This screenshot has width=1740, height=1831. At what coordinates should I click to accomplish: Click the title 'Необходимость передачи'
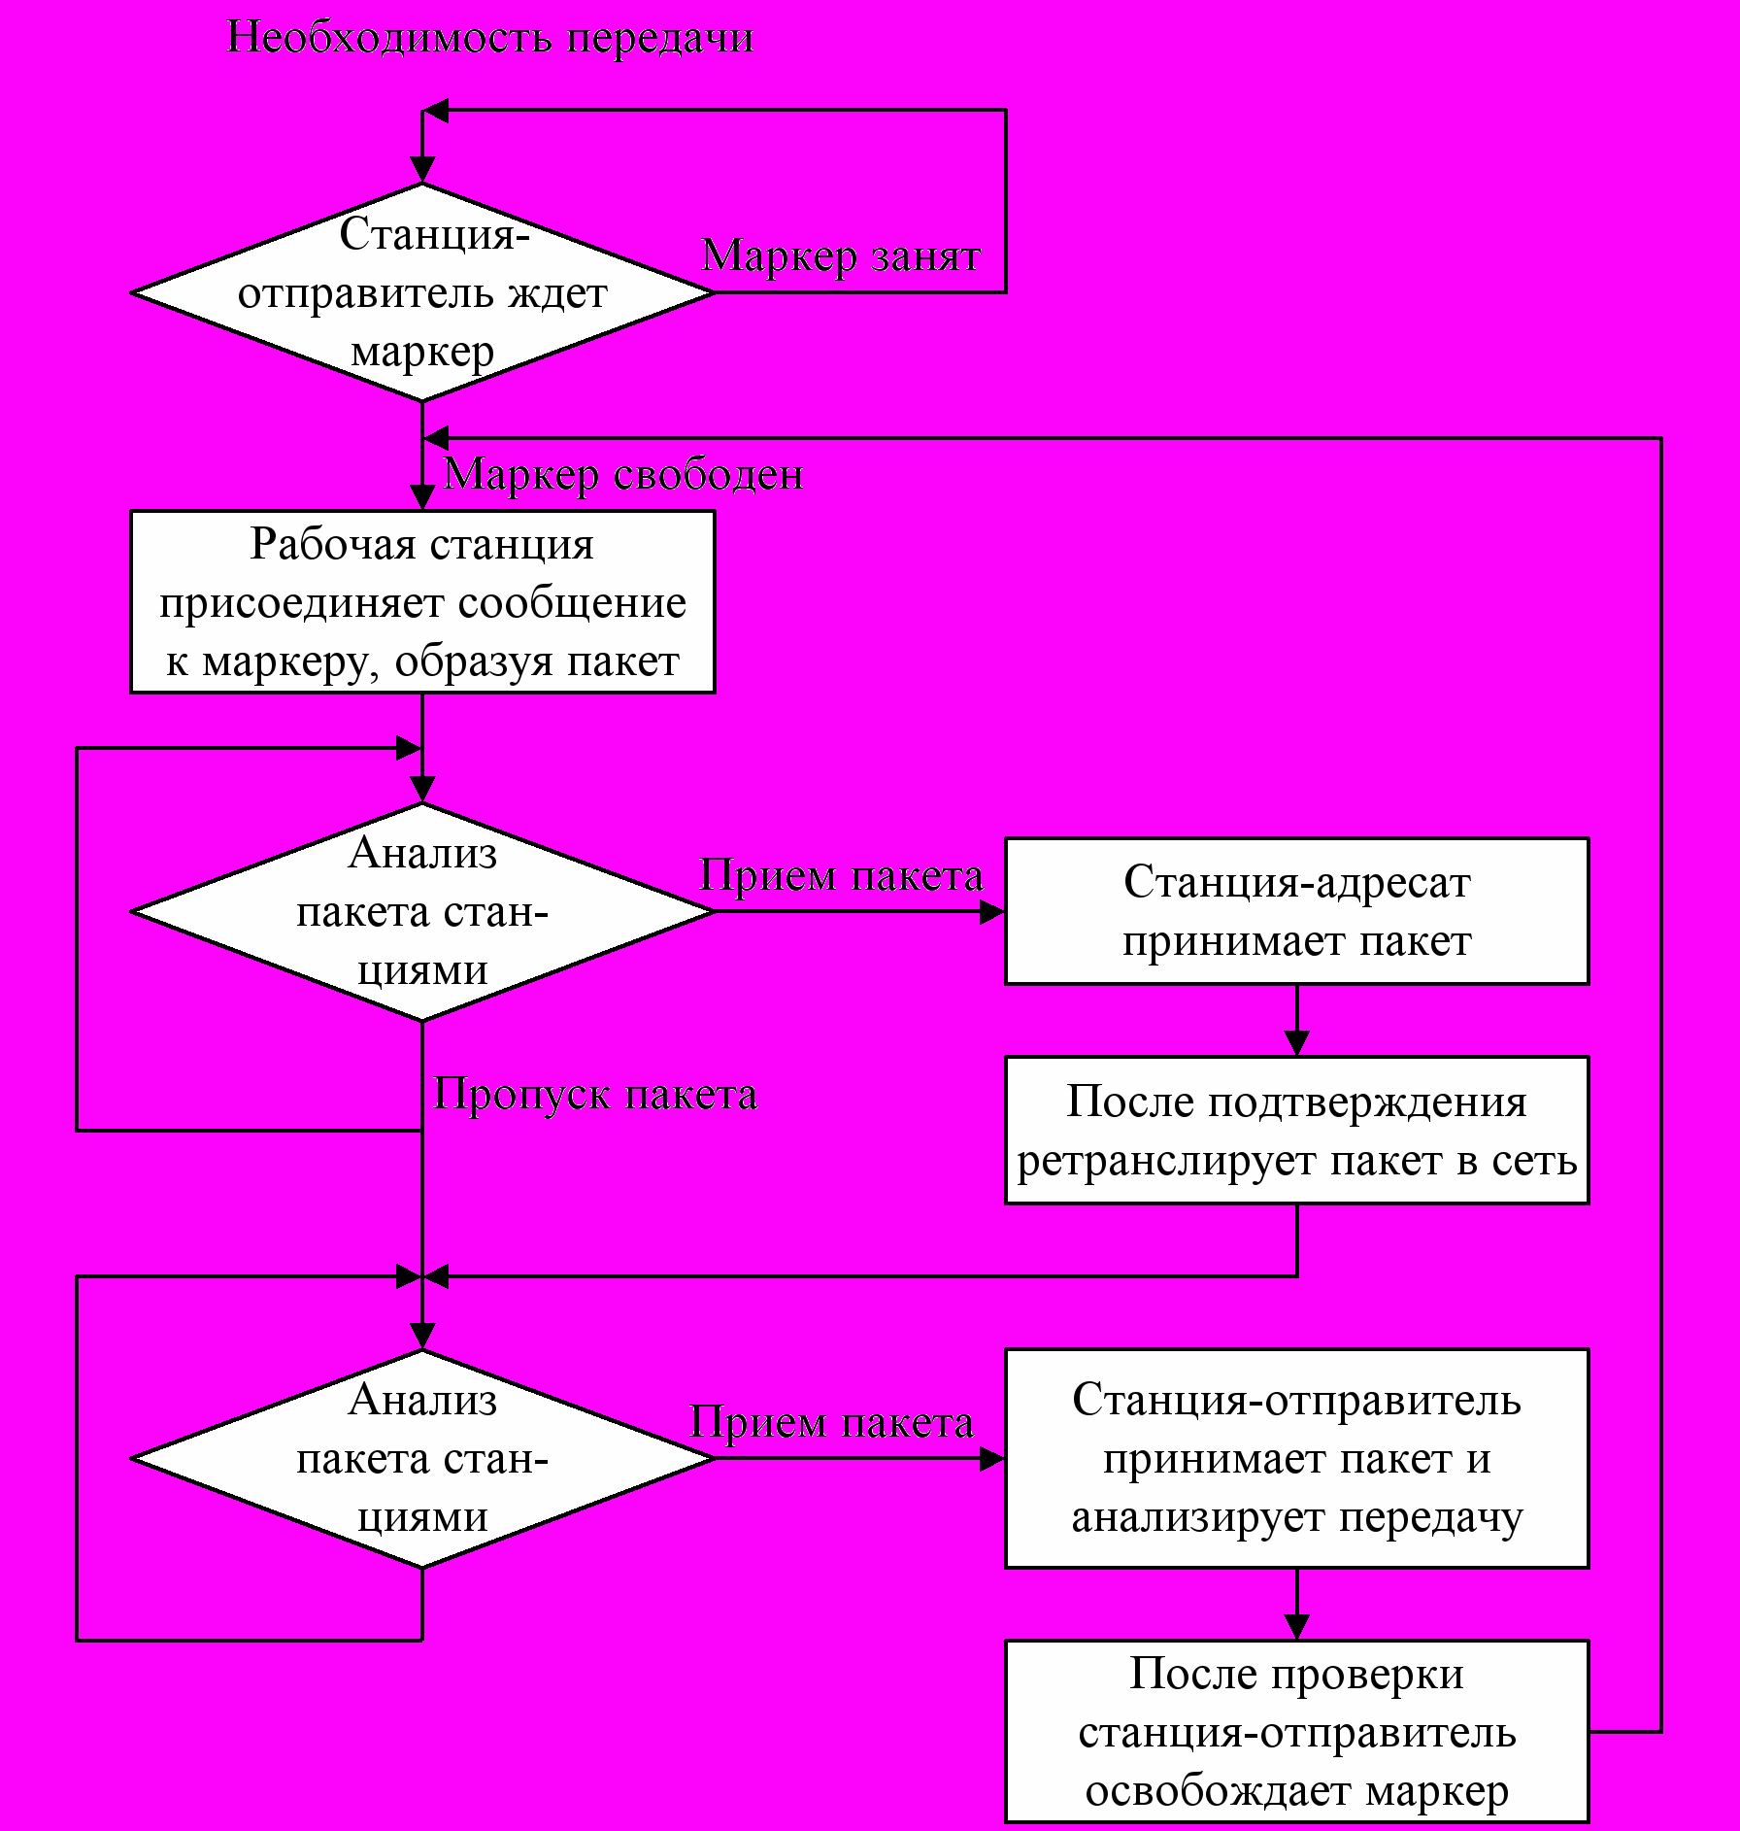[489, 38]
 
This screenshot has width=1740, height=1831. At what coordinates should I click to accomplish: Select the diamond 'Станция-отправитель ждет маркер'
[422, 292]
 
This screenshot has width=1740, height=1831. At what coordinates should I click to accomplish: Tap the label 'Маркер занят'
[841, 256]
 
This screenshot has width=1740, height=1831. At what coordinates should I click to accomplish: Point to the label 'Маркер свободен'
[623, 475]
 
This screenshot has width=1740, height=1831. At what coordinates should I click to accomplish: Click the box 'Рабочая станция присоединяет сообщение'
[422, 602]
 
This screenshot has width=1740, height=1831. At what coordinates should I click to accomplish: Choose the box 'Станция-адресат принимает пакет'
[1296, 911]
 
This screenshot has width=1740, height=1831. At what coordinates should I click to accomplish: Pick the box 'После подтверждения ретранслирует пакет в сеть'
[1296, 1131]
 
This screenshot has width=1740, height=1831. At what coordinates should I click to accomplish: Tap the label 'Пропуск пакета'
[594, 1095]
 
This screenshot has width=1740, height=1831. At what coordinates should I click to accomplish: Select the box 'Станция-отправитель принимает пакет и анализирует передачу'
[1296, 1458]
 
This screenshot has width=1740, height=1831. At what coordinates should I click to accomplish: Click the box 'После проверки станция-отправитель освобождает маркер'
[1296, 1732]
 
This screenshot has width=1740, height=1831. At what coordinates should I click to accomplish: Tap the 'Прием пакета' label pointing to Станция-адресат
[841, 876]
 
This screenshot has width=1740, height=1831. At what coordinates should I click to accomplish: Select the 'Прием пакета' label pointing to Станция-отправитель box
[831, 1423]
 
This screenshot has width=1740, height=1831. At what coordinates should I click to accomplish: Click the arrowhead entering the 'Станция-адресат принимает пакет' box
[992, 911]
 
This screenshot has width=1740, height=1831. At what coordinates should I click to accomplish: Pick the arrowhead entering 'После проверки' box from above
[1296, 1627]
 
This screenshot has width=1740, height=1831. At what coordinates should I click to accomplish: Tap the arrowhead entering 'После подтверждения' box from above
[1296, 1043]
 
